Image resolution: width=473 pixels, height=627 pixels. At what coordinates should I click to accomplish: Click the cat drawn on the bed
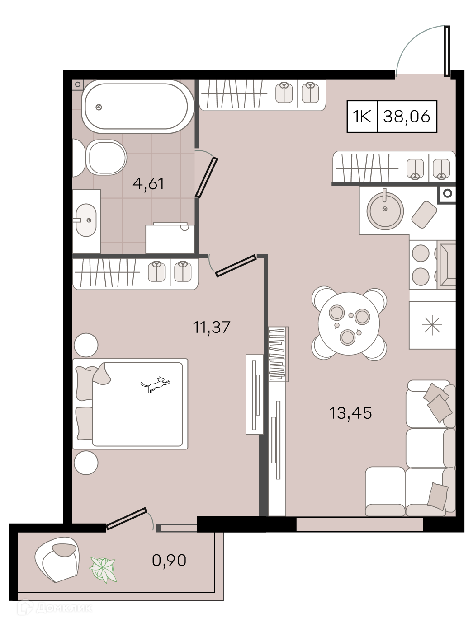pos(155,384)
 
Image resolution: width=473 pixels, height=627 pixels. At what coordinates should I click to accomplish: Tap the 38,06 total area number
pos(407,116)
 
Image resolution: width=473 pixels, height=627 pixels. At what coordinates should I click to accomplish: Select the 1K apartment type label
pos(362,116)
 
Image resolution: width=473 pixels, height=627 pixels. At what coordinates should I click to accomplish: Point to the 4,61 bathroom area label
pos(148,184)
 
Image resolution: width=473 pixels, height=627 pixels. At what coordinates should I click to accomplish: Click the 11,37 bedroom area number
pos(212,327)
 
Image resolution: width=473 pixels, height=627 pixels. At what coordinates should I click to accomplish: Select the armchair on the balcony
pos(57,559)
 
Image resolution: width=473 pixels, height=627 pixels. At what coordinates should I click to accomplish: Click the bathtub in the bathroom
pos(137,106)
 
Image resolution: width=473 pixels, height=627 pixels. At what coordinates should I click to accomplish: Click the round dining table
pos(349,323)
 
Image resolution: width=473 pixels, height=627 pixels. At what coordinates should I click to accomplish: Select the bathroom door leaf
pos(206,178)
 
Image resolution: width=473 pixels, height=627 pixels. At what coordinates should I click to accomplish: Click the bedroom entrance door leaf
pos(236,266)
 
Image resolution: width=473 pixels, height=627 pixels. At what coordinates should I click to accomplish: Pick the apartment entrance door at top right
pos(447,51)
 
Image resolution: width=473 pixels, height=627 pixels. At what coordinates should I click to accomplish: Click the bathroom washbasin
pos(86,220)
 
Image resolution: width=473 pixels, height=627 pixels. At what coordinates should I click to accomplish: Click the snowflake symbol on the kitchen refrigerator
pos(432,325)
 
